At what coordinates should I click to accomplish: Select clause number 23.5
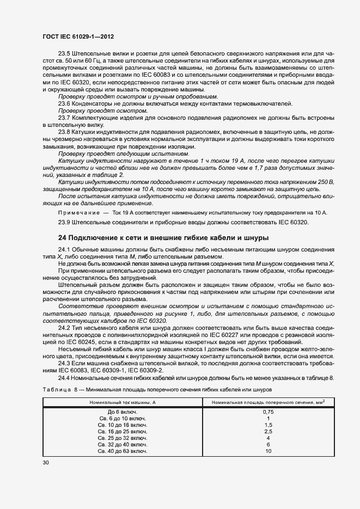pyautogui.click(x=65, y=55)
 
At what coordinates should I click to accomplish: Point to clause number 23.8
pyautogui.click(x=65, y=132)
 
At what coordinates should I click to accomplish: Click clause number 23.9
pyautogui.click(x=65, y=222)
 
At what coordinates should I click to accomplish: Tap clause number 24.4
pyautogui.click(x=65, y=378)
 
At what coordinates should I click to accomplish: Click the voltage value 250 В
pyautogui.click(x=324, y=181)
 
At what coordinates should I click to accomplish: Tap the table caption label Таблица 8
pyautogui.click(x=60, y=390)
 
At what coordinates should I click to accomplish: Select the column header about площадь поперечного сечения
pyautogui.click(x=269, y=402)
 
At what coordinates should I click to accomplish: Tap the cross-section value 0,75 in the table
pyautogui.click(x=268, y=412)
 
